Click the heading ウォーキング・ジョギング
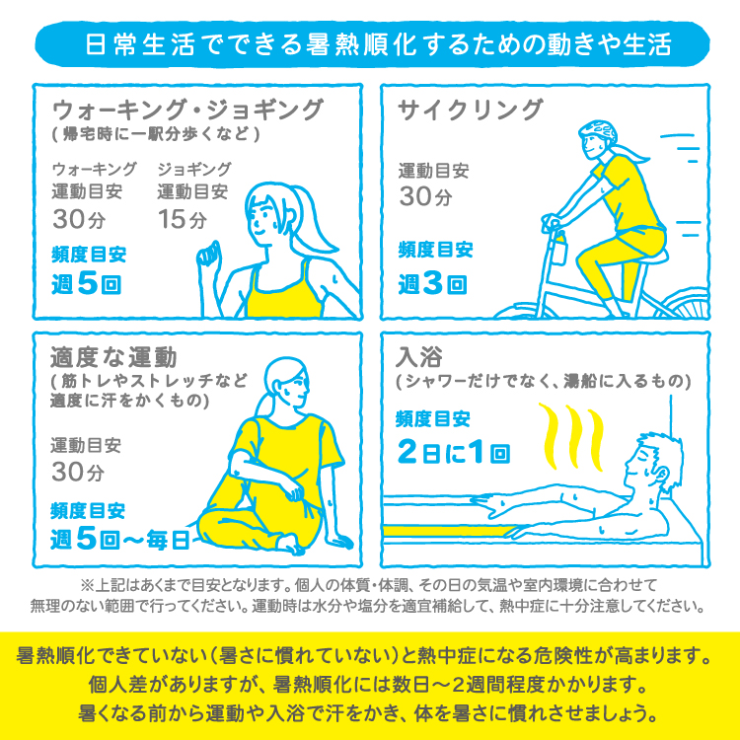(x=188, y=111)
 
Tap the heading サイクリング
(x=471, y=110)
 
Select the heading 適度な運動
(x=113, y=357)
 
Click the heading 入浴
(x=419, y=357)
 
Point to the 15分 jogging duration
(x=183, y=219)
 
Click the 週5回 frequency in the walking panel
(x=87, y=283)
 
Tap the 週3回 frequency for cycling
(x=433, y=283)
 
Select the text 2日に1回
(x=454, y=452)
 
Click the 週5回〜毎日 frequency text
(x=120, y=539)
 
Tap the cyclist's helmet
(x=598, y=131)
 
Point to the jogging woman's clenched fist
(x=208, y=255)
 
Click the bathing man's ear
(x=661, y=476)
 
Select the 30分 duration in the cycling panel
(x=425, y=196)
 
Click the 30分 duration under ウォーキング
(x=78, y=219)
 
